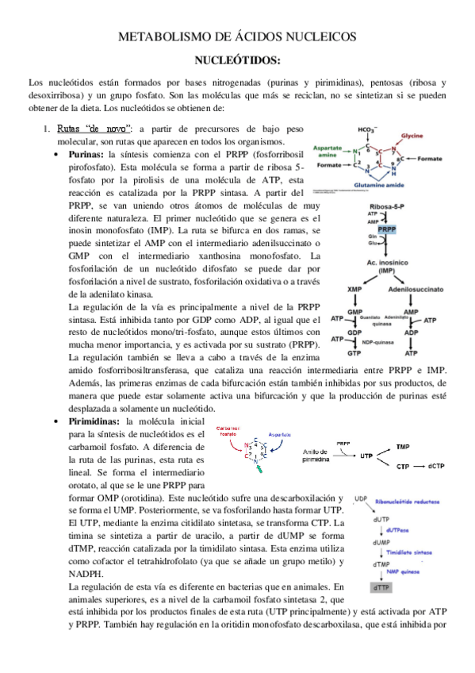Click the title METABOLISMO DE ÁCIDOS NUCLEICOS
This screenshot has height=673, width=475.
[x=237, y=37]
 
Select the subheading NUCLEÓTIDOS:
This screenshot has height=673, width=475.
[x=237, y=60]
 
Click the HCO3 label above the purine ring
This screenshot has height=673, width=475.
[x=366, y=130]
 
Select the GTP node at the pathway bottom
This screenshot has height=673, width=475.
[x=354, y=352]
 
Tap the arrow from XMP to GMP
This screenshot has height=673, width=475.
[x=356, y=302]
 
